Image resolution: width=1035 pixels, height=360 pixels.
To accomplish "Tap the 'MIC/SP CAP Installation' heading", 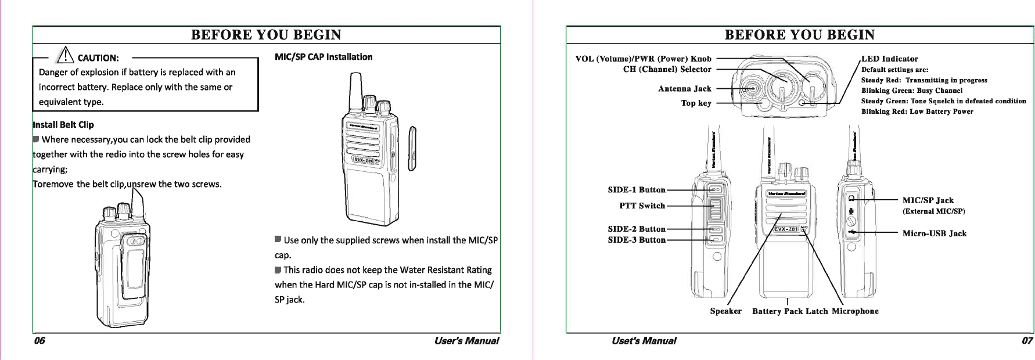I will click(x=324, y=57).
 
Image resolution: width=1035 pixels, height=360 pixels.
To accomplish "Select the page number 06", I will click(x=39, y=341).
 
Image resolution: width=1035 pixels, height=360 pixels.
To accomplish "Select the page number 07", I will click(x=1027, y=341).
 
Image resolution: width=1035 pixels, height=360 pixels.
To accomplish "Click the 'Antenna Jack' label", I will click(x=684, y=89).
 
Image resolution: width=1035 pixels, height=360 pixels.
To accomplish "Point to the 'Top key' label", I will click(x=696, y=103).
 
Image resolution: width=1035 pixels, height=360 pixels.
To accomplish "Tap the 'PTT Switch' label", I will click(x=642, y=206).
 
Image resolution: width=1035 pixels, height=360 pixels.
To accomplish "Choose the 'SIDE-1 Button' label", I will click(x=636, y=190).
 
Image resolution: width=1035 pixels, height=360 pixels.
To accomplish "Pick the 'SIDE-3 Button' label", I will click(x=636, y=240).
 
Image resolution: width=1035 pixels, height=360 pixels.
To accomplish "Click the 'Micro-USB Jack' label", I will click(x=934, y=233).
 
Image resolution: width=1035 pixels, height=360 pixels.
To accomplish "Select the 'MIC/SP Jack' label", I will click(x=928, y=200).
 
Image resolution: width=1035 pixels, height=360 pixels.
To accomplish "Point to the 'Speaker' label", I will click(x=725, y=311).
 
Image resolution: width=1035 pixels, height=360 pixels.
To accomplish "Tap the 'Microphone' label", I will click(x=855, y=311).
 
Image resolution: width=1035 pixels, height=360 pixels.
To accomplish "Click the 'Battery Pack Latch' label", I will click(x=790, y=311).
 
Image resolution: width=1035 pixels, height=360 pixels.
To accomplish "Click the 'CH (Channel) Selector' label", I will click(x=667, y=70).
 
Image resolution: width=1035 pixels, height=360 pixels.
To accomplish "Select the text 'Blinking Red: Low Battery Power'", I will click(x=917, y=111).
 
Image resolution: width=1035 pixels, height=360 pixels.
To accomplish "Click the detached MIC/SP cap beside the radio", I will click(x=414, y=148).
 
